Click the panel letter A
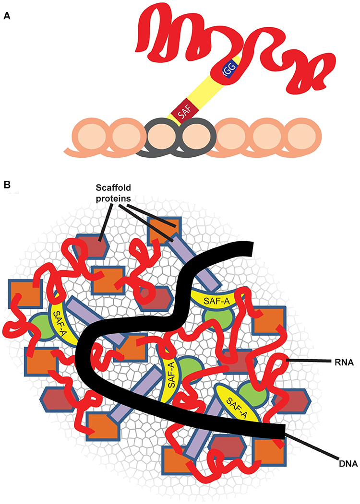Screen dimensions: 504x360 [x=7, y=16]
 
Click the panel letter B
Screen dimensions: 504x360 [x=7, y=185]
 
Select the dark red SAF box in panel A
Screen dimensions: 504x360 [x=181, y=113]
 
